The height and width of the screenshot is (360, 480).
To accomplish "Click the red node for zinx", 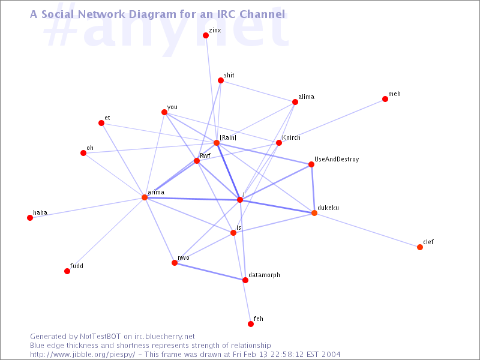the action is (x=206, y=35).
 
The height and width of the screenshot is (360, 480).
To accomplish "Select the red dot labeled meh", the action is (x=385, y=99).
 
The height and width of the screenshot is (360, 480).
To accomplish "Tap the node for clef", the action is (x=420, y=247).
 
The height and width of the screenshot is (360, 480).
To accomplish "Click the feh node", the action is (x=251, y=324).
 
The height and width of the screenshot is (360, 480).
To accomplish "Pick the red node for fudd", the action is (x=67, y=271).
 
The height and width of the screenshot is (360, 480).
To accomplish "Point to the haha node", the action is (x=29, y=218).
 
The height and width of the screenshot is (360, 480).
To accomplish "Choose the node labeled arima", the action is (x=145, y=197).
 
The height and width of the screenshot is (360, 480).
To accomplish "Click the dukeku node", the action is (x=314, y=213).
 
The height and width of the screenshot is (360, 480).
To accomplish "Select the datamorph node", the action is (x=245, y=280).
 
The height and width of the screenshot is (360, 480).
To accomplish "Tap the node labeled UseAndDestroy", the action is (x=311, y=164).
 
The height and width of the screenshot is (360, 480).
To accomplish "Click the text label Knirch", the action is (x=291, y=137).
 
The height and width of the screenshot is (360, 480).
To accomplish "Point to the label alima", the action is (x=306, y=97).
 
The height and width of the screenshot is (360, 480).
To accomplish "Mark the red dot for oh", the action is (x=83, y=153).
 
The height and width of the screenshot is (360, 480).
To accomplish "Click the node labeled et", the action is (x=101, y=123).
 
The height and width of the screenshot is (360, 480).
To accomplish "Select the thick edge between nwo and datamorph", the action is (x=209, y=271).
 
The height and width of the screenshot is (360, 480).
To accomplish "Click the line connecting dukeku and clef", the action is (x=367, y=230).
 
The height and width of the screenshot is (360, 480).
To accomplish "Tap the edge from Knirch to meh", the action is (x=332, y=121).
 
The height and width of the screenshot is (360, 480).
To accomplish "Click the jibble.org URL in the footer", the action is (x=82, y=355).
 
